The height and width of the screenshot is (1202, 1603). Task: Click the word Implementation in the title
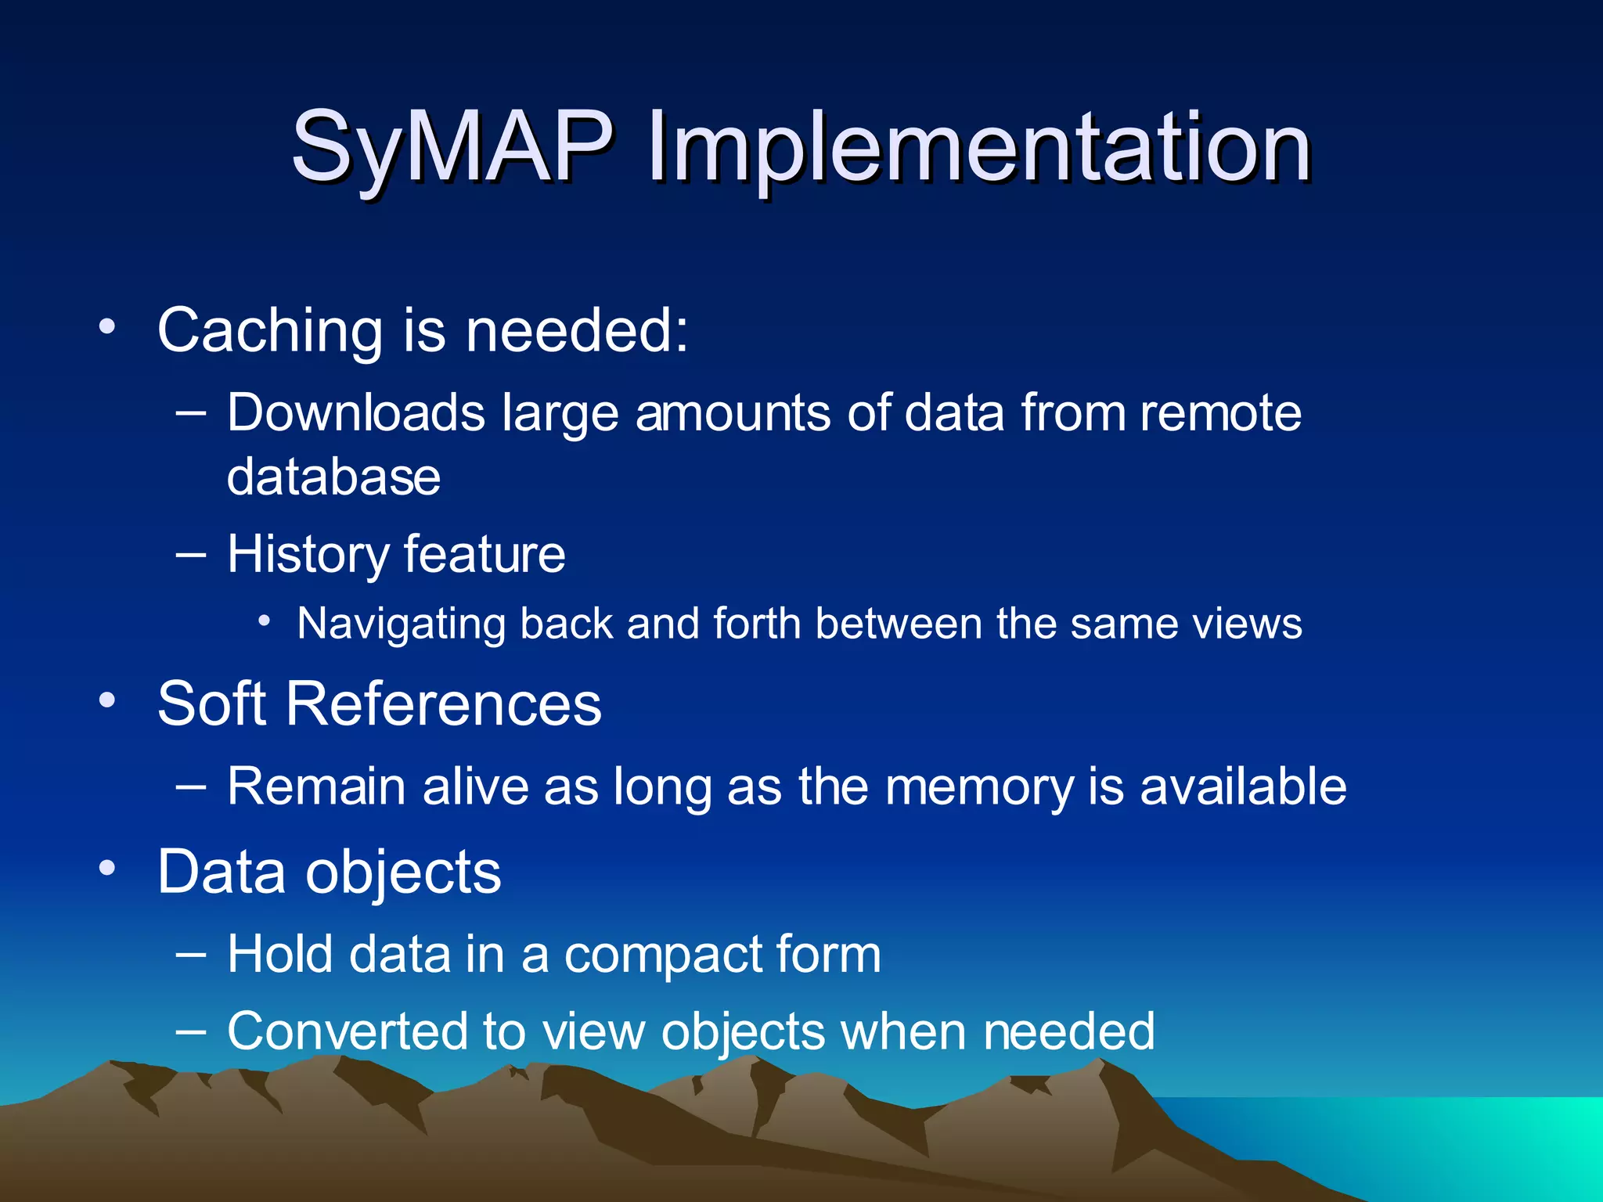coord(979,149)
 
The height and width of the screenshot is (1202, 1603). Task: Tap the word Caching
coord(270,331)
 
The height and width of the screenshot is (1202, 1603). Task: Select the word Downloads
coord(356,412)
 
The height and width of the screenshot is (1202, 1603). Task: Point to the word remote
coord(1220,412)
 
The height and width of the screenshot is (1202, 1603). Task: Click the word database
coord(333,477)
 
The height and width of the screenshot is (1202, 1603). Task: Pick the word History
coord(307,555)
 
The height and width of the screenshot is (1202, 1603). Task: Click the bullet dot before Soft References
coord(108,700)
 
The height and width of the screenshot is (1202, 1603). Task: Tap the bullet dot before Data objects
coord(108,868)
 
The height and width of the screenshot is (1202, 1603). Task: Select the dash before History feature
coord(191,555)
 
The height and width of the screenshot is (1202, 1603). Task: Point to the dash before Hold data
coord(191,954)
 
